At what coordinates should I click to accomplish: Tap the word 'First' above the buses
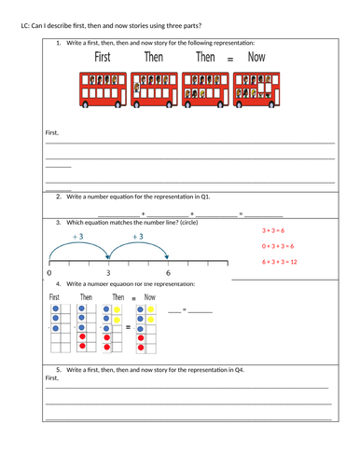103,58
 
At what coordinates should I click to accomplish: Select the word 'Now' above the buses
256,58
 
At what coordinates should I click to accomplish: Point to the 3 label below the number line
108,273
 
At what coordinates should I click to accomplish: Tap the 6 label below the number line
168,273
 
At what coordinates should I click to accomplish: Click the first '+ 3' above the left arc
77,237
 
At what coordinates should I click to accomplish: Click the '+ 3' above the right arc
137,237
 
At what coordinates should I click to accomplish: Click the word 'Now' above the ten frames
149,297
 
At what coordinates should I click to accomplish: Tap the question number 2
58,198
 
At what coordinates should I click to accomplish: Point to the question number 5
58,370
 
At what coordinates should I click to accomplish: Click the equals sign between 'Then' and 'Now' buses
230,60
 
